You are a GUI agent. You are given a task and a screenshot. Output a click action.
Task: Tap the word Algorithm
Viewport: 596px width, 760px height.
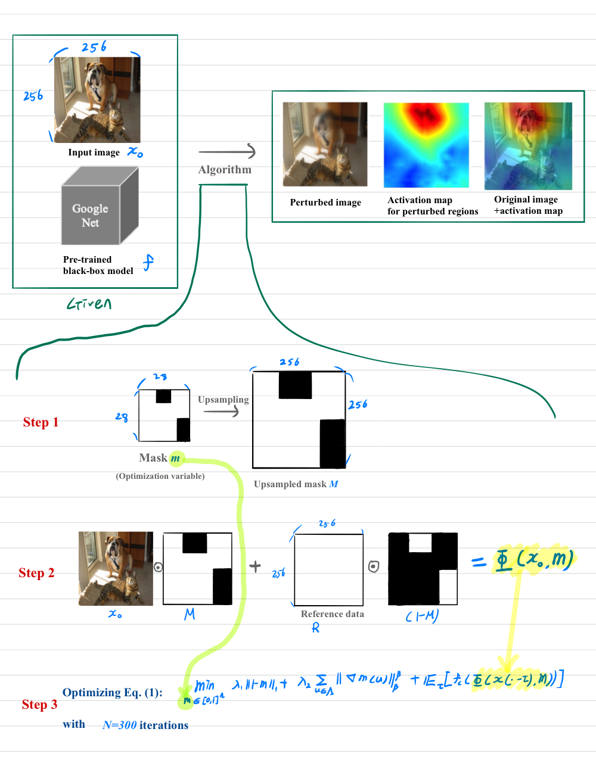pyautogui.click(x=225, y=170)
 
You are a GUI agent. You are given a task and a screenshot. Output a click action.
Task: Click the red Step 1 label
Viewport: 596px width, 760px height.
pyautogui.click(x=41, y=422)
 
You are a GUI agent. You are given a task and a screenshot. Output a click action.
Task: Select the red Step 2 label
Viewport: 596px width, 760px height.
pyautogui.click(x=36, y=573)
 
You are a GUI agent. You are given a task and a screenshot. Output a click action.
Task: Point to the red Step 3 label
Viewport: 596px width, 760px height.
pyautogui.click(x=39, y=705)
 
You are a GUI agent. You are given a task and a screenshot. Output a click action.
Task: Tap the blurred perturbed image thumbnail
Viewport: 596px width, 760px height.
pyautogui.click(x=325, y=144)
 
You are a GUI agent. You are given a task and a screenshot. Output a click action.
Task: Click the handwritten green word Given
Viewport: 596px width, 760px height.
pyautogui.click(x=89, y=304)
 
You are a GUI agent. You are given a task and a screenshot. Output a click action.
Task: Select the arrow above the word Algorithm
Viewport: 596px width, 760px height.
pyautogui.click(x=226, y=152)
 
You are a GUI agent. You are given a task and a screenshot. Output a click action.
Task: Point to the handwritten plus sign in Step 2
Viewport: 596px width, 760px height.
pyautogui.click(x=255, y=566)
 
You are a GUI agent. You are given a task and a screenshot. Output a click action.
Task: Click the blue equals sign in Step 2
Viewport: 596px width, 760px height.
pyautogui.click(x=479, y=561)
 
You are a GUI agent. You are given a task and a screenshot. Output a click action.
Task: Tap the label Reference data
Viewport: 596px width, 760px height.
pyautogui.click(x=332, y=614)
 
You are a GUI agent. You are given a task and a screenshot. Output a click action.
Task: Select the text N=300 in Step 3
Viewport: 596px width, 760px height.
pyautogui.click(x=119, y=725)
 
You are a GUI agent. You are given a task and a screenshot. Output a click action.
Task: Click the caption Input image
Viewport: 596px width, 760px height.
pyautogui.click(x=94, y=152)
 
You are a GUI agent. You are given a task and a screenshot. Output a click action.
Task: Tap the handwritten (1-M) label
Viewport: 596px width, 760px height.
pyautogui.click(x=421, y=616)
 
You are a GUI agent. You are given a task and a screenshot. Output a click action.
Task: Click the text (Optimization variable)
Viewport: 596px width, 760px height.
pyautogui.click(x=160, y=476)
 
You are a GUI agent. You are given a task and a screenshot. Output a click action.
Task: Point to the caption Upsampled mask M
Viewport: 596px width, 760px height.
pyautogui.click(x=296, y=484)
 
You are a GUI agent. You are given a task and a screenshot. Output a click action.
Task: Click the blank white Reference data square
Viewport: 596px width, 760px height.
pyautogui.click(x=328, y=569)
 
